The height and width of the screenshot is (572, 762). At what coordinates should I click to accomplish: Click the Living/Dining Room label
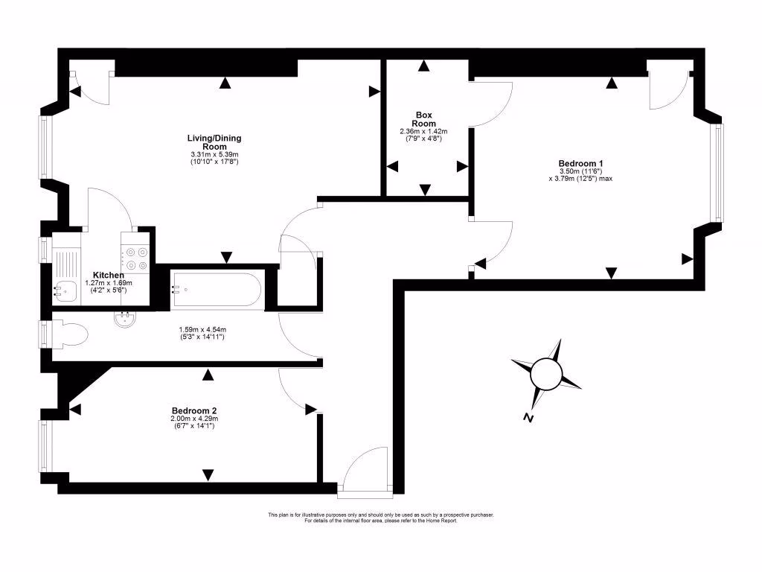pyautogui.click(x=214, y=142)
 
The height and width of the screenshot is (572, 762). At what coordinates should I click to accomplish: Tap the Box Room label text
pyautogui.click(x=424, y=119)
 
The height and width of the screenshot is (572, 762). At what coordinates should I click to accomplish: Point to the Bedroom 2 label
pyautogui.click(x=193, y=410)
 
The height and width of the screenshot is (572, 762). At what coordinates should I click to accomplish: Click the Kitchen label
pyautogui.click(x=108, y=275)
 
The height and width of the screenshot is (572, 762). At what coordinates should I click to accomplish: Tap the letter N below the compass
pyautogui.click(x=528, y=418)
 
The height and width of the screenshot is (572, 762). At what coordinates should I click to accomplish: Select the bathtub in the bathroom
pyautogui.click(x=217, y=290)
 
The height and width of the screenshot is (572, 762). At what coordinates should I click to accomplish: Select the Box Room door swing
pyautogui.click(x=492, y=104)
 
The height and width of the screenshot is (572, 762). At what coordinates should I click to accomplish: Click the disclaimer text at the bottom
pyautogui.click(x=380, y=518)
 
